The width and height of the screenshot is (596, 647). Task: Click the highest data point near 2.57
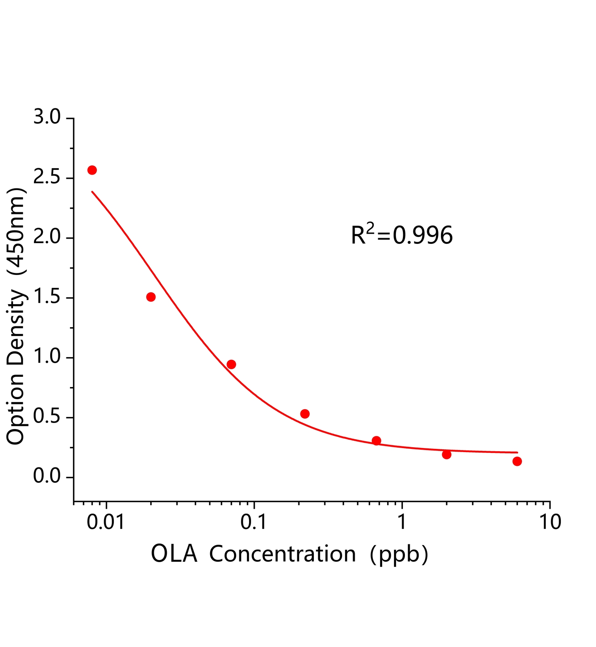click(x=92, y=170)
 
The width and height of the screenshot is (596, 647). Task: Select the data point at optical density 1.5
click(x=151, y=297)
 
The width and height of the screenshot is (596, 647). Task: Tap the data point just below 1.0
click(x=231, y=364)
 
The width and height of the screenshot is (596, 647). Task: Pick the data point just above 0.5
click(x=305, y=414)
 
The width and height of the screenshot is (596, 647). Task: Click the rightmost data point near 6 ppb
click(x=517, y=461)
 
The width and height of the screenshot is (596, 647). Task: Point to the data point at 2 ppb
click(x=447, y=455)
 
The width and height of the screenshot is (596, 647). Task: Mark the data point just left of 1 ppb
click(x=376, y=440)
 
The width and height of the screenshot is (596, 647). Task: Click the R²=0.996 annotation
click(x=402, y=235)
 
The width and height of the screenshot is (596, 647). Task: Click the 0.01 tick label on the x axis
click(x=106, y=522)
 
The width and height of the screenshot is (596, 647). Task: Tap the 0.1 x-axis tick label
click(x=254, y=522)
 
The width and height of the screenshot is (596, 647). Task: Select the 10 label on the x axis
click(x=550, y=522)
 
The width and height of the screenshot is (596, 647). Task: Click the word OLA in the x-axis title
click(x=174, y=554)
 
